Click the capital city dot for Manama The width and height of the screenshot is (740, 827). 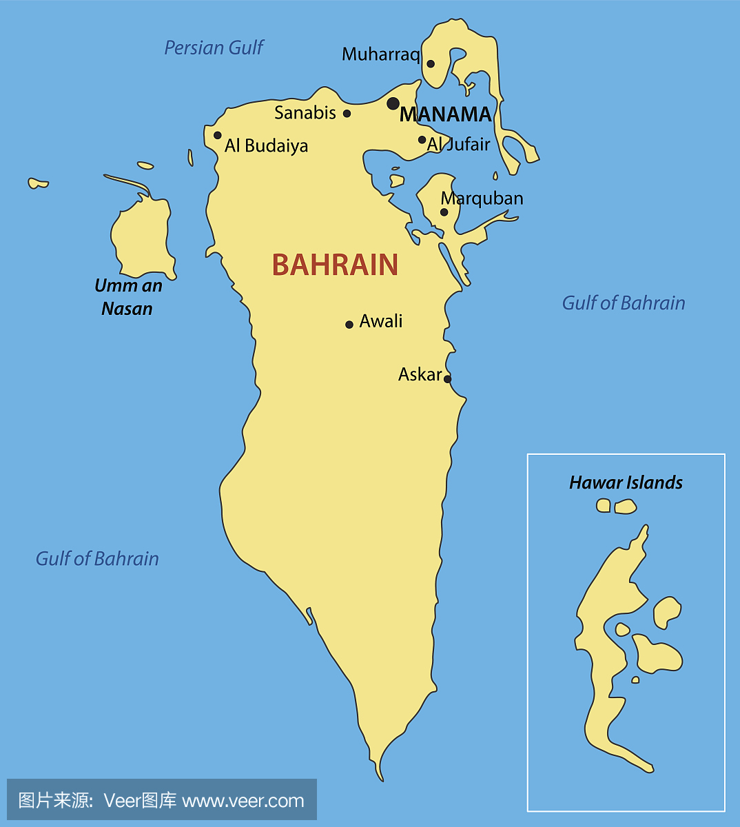pos(393,103)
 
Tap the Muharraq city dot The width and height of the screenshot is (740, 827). pos(431,64)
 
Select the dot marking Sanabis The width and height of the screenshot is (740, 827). pos(347,114)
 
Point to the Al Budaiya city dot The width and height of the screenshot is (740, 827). pos(218,135)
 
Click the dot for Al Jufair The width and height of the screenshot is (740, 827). pos(422,140)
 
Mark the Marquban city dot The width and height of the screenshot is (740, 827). pos(444,212)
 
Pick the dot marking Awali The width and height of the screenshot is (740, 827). pos(349,325)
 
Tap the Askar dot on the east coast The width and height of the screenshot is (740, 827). pos(447,379)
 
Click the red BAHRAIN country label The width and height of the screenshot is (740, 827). pos(335,265)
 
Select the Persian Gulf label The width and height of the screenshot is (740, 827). pos(214,48)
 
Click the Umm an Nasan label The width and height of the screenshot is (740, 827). pos(128,297)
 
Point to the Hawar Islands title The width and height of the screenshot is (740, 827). pos(626,482)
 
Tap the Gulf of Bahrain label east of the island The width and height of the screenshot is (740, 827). pos(624,303)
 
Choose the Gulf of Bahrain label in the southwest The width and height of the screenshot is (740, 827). pos(97,558)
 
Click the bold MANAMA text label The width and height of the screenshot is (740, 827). pos(446,114)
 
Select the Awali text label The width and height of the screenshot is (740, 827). pos(381,321)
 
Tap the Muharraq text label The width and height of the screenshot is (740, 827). pos(380,54)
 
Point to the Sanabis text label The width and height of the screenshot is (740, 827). pos(305,113)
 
